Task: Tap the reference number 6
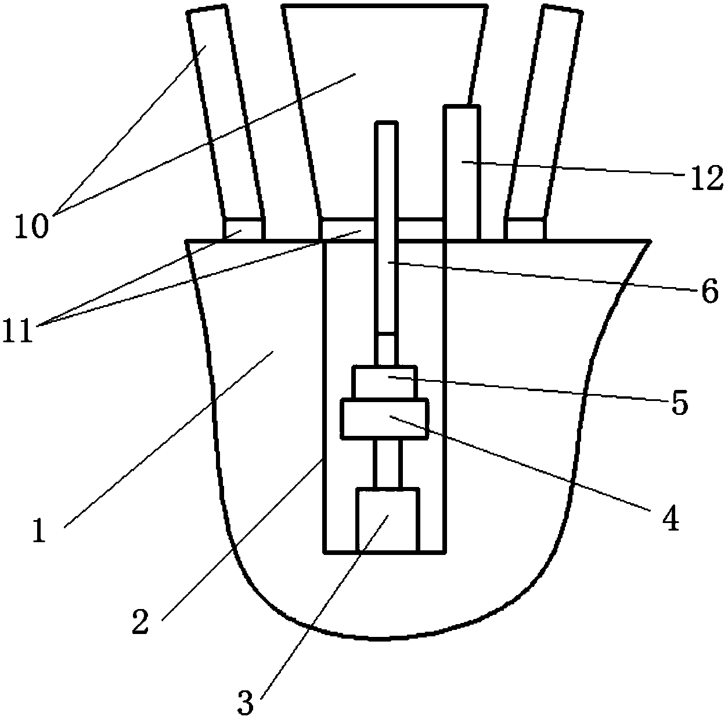coord(709,292)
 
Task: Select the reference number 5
coord(679,403)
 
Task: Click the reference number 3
coord(246,704)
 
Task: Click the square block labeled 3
coord(387,520)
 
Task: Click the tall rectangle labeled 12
coord(462,171)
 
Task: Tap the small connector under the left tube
coord(244,228)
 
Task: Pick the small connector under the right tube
coord(525,228)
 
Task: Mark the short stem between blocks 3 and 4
coord(387,463)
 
